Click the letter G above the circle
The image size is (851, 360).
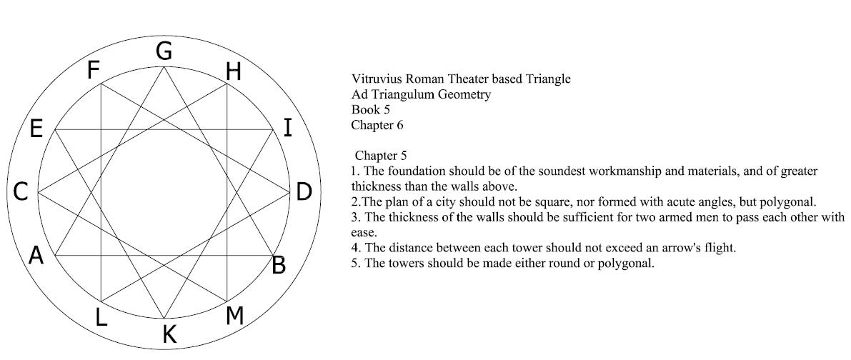[164, 51]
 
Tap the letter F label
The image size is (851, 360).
[94, 71]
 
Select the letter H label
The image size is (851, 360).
[233, 71]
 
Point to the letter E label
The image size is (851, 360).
[36, 129]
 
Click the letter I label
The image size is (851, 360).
[288, 128]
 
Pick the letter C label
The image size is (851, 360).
[21, 192]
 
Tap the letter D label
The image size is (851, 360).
[304, 191]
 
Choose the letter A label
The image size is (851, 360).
[36, 255]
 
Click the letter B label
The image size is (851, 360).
[279, 265]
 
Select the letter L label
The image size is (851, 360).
[101, 317]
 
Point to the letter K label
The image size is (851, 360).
[169, 334]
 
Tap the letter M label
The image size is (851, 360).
[234, 316]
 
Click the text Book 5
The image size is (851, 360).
[371, 109]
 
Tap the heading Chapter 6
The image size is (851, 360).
[377, 125]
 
